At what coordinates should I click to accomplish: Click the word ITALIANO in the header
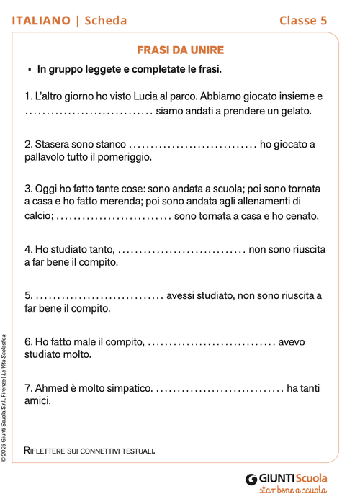pyautogui.click(x=40, y=20)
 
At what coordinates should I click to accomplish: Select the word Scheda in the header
pyautogui.click(x=105, y=20)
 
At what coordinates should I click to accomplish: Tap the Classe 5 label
pyautogui.click(x=303, y=20)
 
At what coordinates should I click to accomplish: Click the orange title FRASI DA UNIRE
pyautogui.click(x=180, y=50)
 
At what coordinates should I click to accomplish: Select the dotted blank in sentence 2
pyautogui.click(x=193, y=145)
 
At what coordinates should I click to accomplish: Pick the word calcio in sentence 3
pyautogui.click(x=37, y=215)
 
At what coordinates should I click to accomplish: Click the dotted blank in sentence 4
pyautogui.click(x=181, y=250)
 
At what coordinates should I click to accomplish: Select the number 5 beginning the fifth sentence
pyautogui.click(x=27, y=295)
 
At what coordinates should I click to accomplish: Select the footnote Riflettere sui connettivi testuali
pyautogui.click(x=90, y=451)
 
